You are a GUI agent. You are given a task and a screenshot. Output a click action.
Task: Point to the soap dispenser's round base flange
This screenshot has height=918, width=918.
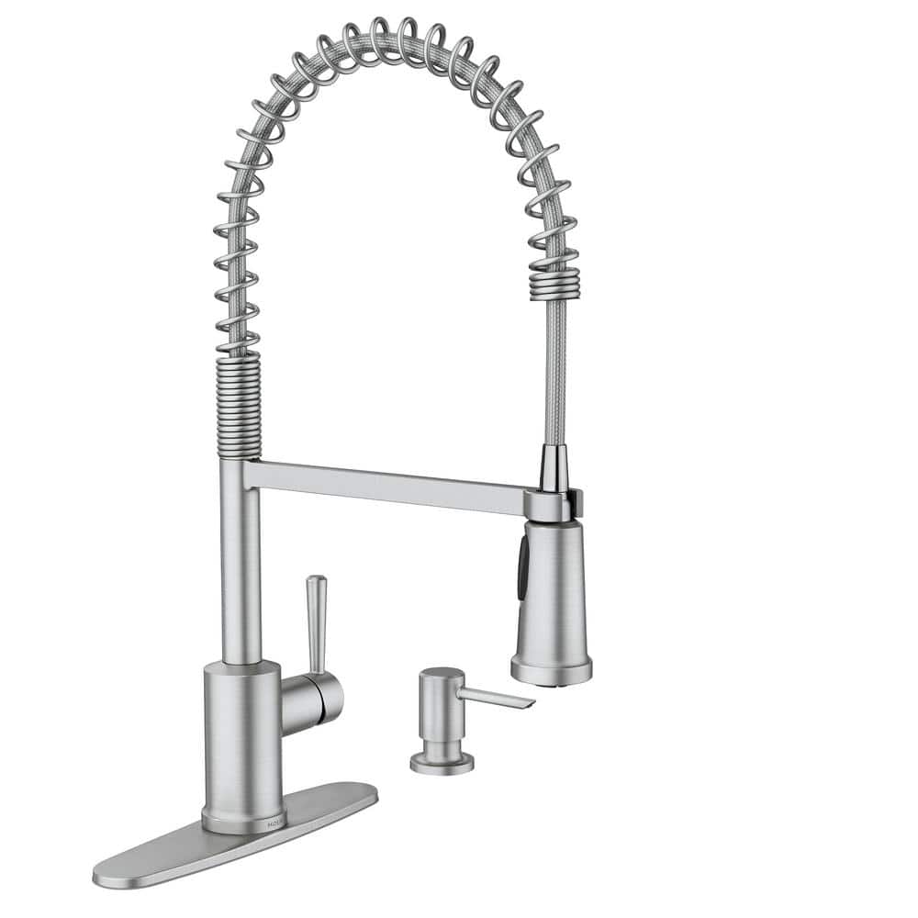(x=442, y=761)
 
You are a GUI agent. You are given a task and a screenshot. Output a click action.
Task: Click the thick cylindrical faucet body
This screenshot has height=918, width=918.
(x=242, y=734)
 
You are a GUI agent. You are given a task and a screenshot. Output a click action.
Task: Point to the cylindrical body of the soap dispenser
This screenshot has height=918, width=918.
(x=442, y=721)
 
